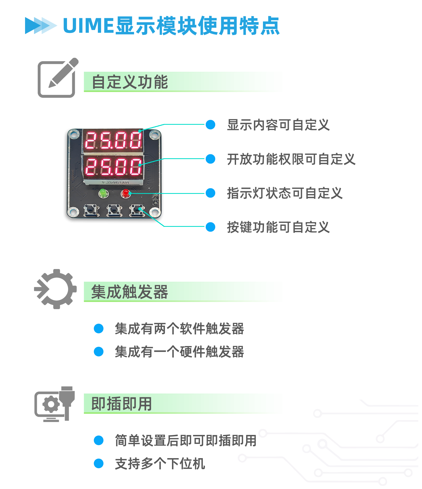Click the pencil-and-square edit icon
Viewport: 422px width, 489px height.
(x=58, y=78)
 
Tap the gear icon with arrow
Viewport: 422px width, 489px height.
(x=55, y=289)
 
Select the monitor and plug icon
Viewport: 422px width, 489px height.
(x=55, y=404)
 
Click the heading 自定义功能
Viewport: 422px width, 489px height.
(x=130, y=82)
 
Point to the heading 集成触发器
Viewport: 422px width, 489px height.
(x=130, y=292)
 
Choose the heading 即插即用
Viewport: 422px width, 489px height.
(x=122, y=404)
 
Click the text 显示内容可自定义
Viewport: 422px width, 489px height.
(x=278, y=125)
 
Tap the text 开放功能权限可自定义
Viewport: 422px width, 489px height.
(x=291, y=159)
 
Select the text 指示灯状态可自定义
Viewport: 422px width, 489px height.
(x=284, y=193)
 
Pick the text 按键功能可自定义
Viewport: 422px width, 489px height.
(x=278, y=227)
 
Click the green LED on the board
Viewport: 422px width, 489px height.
(x=103, y=193)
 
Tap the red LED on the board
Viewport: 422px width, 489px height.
(x=126, y=193)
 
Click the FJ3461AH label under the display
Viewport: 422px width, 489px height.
(x=115, y=183)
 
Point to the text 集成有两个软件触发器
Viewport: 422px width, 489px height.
(x=179, y=329)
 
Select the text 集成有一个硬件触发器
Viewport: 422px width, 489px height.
(x=179, y=352)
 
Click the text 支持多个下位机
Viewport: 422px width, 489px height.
(x=160, y=464)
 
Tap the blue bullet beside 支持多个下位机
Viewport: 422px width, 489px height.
(x=99, y=463)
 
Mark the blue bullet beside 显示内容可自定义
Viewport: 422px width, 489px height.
(x=210, y=125)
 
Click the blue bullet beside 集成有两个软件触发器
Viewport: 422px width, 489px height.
(x=99, y=329)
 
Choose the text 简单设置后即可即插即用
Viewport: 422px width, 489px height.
(x=185, y=440)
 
